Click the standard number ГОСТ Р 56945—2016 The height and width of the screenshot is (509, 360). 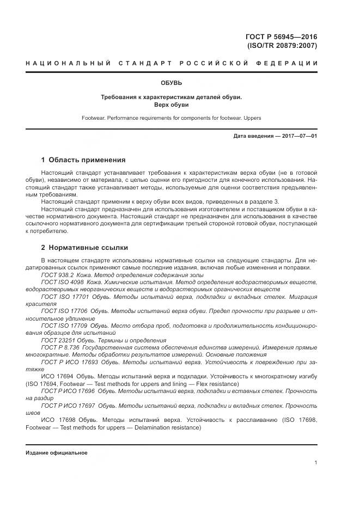click(x=282, y=36)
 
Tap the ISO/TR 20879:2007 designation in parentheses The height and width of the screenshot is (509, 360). click(x=282, y=46)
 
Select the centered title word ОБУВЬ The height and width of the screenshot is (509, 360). click(x=172, y=83)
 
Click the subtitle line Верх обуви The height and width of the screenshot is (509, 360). click(x=172, y=105)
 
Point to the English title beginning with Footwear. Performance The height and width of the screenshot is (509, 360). click(x=172, y=117)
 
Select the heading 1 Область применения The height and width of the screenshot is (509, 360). click(x=83, y=160)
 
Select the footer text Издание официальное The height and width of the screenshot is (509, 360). click(x=56, y=452)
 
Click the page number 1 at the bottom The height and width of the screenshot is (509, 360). click(x=315, y=462)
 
